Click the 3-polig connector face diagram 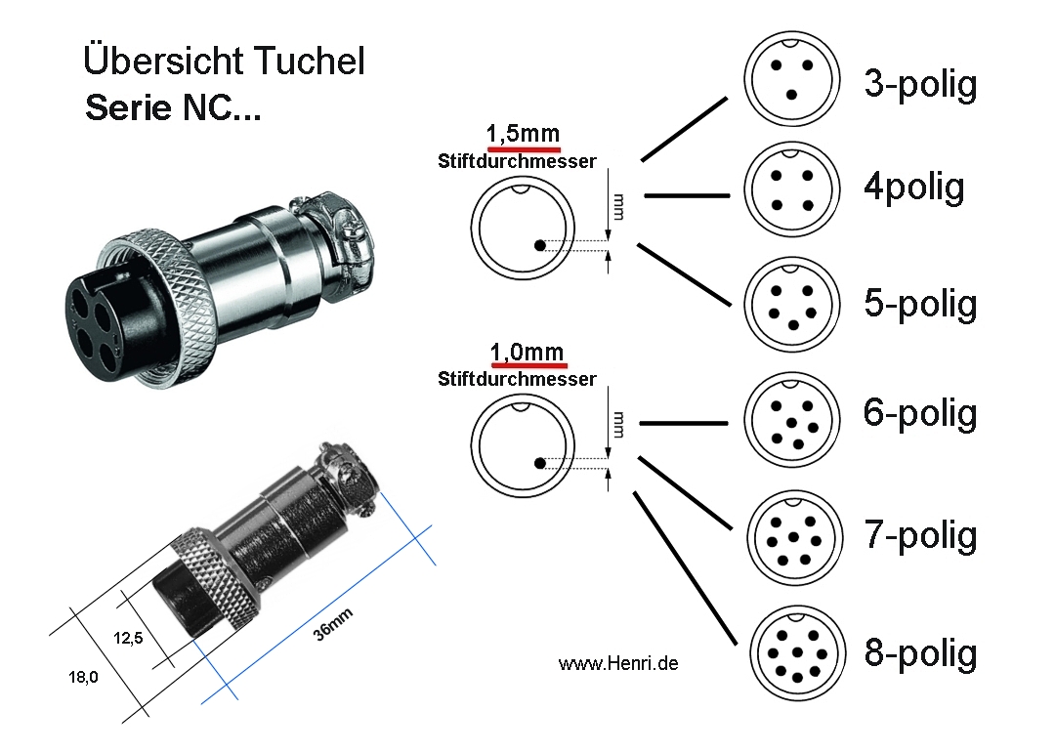click(792, 76)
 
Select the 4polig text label click(913, 187)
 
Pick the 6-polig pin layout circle click(792, 422)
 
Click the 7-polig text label click(920, 535)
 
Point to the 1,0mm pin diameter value click(526, 352)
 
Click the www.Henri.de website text click(617, 663)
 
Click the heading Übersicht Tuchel click(224, 61)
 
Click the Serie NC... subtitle click(173, 107)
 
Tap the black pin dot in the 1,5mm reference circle click(539, 245)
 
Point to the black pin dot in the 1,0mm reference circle click(539, 463)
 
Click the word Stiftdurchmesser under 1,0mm click(517, 379)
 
